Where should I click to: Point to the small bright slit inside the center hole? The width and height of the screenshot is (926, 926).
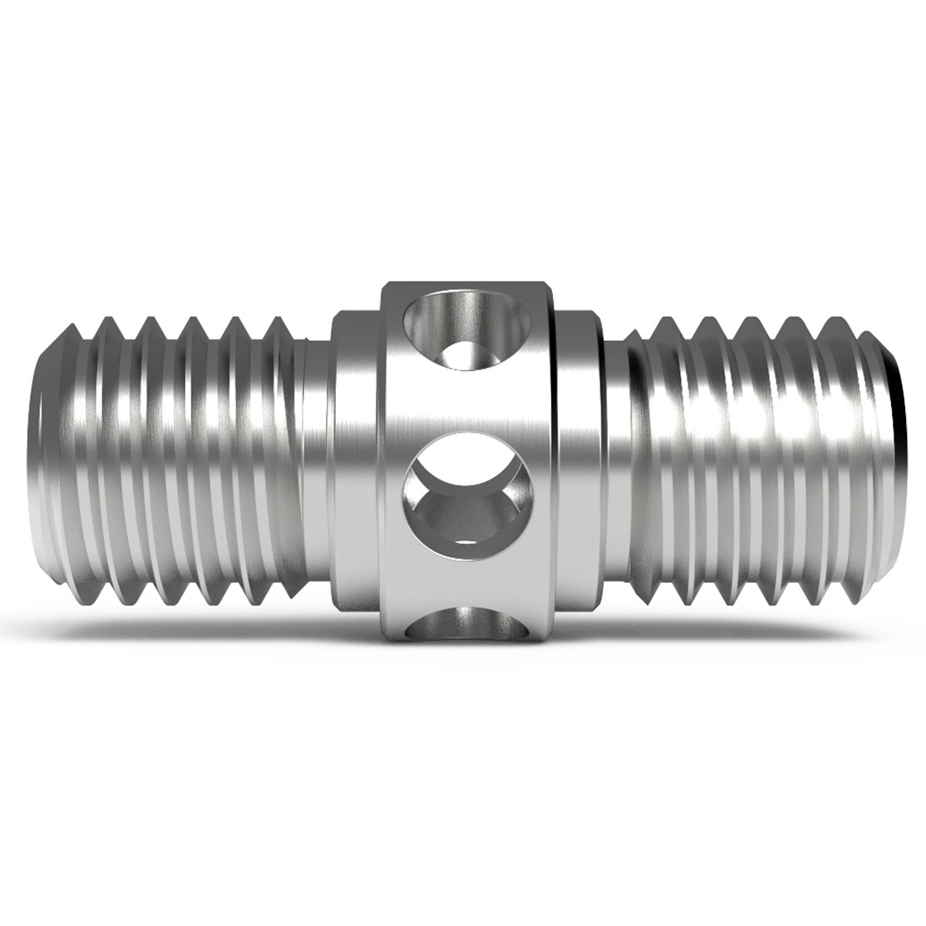click(x=468, y=543)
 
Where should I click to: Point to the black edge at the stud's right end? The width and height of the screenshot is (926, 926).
click(x=899, y=399)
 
